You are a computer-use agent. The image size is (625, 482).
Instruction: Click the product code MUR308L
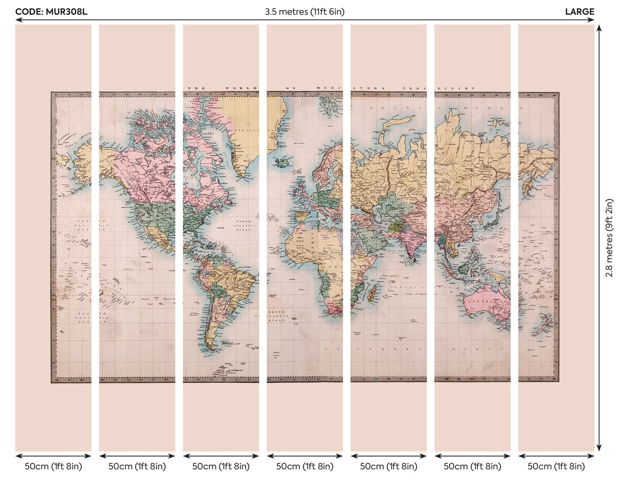[x=51, y=12]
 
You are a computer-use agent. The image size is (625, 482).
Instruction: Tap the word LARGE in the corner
[x=580, y=12]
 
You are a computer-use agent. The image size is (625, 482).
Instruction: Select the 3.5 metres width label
[x=304, y=12]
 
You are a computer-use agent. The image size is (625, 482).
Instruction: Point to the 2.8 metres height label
[x=609, y=238]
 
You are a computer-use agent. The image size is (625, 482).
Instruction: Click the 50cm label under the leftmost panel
[x=53, y=466]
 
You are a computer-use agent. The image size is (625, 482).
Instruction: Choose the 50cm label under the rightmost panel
[x=556, y=466]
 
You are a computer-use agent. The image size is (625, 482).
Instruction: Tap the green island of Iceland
[x=279, y=162]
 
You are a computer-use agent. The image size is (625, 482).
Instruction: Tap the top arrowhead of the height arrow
[x=599, y=28]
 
